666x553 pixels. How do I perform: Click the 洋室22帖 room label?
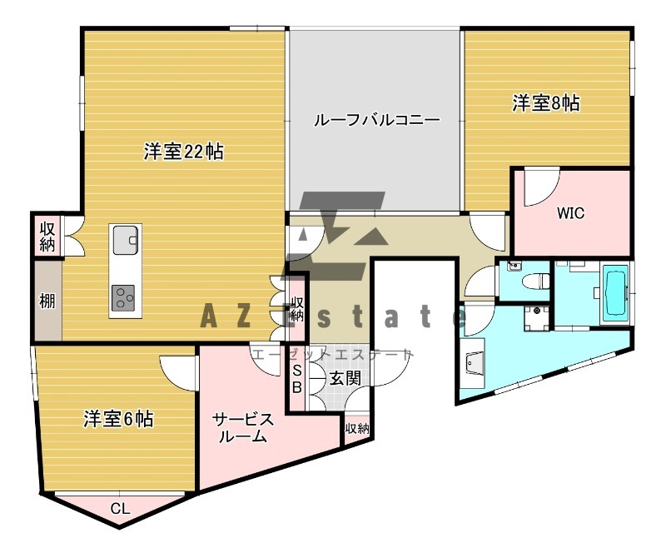click(182, 152)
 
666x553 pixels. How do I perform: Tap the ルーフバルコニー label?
click(376, 119)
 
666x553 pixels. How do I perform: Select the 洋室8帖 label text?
click(546, 103)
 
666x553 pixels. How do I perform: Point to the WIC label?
click(570, 212)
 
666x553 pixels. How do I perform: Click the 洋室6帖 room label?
click(118, 418)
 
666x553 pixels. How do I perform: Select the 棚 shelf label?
click(47, 301)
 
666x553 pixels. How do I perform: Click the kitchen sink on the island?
click(126, 240)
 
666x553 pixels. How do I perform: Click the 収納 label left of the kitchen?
click(47, 236)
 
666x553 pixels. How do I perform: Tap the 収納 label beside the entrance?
click(356, 428)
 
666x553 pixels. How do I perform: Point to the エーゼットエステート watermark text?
click(332, 355)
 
